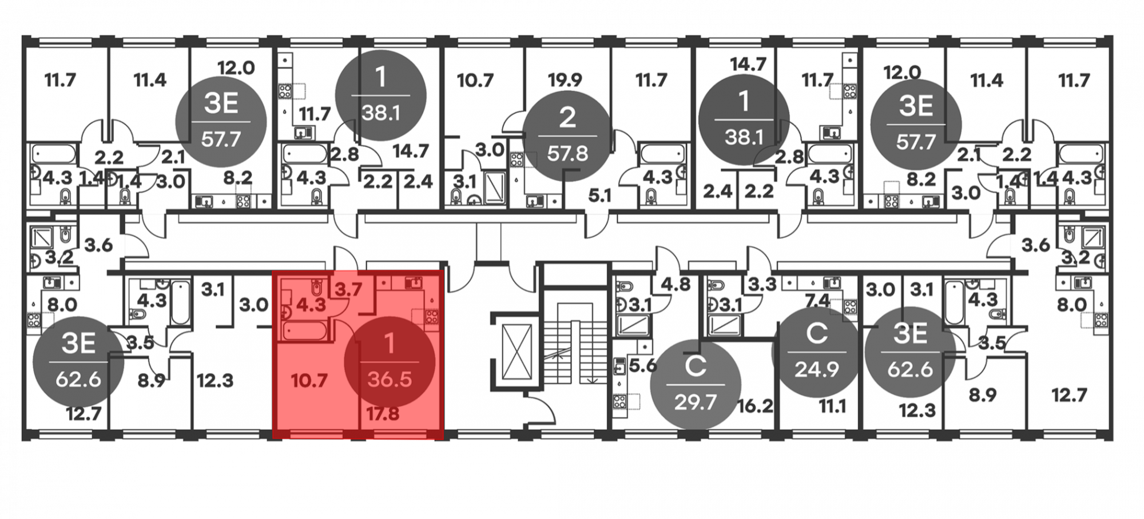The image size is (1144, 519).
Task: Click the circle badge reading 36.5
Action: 390,362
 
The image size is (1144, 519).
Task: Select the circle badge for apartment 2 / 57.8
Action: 567,136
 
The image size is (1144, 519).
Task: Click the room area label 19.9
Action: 565,80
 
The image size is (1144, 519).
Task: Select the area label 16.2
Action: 756,406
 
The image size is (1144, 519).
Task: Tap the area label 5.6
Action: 642,365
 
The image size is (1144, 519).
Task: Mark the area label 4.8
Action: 676,284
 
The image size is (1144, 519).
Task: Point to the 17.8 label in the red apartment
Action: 383,413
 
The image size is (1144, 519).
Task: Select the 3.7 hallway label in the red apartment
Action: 348,290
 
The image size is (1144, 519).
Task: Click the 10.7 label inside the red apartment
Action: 309,381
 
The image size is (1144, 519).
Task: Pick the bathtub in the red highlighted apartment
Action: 305,330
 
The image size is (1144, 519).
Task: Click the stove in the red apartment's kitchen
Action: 432,316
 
